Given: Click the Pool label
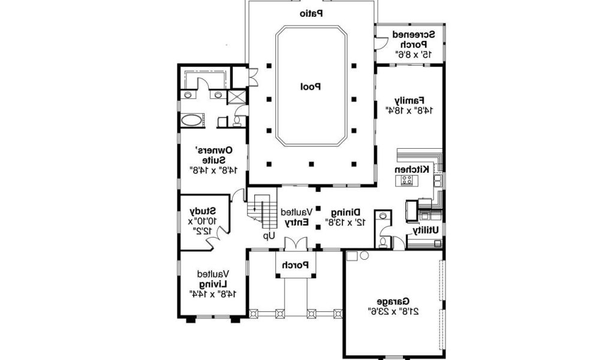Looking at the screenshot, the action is click(x=311, y=86).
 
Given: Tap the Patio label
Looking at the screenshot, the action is click(x=311, y=14).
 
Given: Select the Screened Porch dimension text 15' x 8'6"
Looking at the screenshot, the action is click(x=414, y=54).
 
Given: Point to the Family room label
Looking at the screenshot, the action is click(x=410, y=100).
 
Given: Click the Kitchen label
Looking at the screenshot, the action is click(x=411, y=169).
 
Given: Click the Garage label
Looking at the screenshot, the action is click(x=393, y=301).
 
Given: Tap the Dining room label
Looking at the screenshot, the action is click(x=346, y=212).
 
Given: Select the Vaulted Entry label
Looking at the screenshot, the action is click(x=296, y=217).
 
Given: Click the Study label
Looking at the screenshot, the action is click(x=203, y=211).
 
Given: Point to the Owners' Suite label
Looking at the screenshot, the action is click(x=214, y=155).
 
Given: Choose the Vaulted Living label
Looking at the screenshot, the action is click(x=213, y=278).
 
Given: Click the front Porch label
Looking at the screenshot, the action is click(x=296, y=265).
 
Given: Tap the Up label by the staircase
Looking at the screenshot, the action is click(x=269, y=236).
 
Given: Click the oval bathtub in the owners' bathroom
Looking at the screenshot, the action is click(x=191, y=120).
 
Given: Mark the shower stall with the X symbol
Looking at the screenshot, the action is click(x=237, y=97).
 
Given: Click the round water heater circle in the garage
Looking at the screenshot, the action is click(x=364, y=256).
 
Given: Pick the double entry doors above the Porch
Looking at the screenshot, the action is click(x=296, y=243).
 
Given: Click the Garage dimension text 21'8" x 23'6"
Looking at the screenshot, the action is click(x=393, y=311).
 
